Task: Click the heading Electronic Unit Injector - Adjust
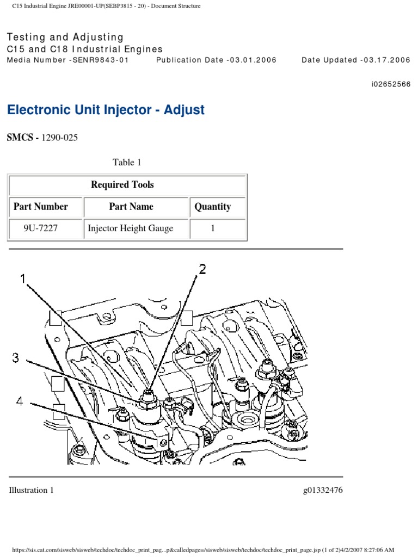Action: [x=106, y=110]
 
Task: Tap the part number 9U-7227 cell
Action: [x=40, y=228]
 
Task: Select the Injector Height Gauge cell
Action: [x=131, y=228]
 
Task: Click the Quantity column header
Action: [x=213, y=207]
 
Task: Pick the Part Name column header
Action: [x=131, y=207]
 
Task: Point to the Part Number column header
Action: [x=41, y=207]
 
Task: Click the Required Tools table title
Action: [x=122, y=185]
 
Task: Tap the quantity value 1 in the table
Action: [x=213, y=228]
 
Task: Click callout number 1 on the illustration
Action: [x=23, y=278]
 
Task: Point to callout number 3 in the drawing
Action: [x=16, y=357]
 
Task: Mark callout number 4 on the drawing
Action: [x=19, y=403]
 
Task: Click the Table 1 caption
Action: [x=127, y=162]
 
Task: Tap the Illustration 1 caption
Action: [x=32, y=490]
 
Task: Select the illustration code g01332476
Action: [x=323, y=490]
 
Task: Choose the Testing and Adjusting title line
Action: [x=65, y=37]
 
